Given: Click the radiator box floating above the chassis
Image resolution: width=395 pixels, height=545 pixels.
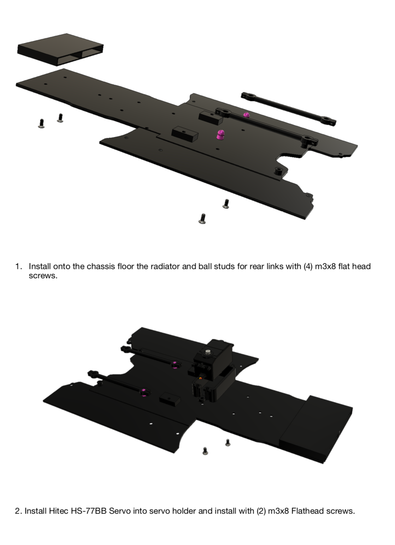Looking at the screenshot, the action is (x=60, y=50).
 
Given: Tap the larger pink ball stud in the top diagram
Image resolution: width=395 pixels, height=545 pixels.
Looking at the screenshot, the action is (x=220, y=134).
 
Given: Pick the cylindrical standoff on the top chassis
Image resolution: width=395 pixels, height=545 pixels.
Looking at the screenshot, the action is (x=279, y=171).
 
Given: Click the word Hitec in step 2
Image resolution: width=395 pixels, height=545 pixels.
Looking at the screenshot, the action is (x=58, y=511).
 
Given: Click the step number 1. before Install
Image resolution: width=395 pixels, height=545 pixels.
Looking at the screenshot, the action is (x=19, y=266).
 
